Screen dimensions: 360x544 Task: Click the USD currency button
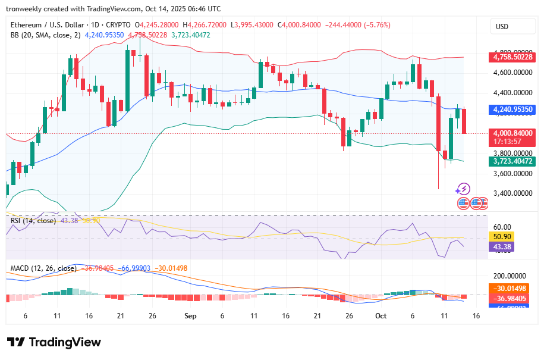(502, 27)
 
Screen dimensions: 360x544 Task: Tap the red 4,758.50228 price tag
(512, 58)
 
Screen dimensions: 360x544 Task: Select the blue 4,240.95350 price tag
(512, 110)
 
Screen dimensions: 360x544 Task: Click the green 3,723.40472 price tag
(512, 161)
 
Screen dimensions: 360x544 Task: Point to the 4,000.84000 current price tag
(512, 133)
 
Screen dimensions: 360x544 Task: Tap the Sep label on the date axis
(190, 315)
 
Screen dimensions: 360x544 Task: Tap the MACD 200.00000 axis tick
(512, 276)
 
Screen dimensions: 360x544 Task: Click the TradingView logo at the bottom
(54, 343)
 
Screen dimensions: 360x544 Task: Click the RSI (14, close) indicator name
(33, 221)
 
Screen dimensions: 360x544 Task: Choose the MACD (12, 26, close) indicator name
(43, 268)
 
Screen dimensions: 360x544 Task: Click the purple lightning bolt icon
(463, 189)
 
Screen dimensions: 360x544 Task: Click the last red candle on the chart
(464, 121)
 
